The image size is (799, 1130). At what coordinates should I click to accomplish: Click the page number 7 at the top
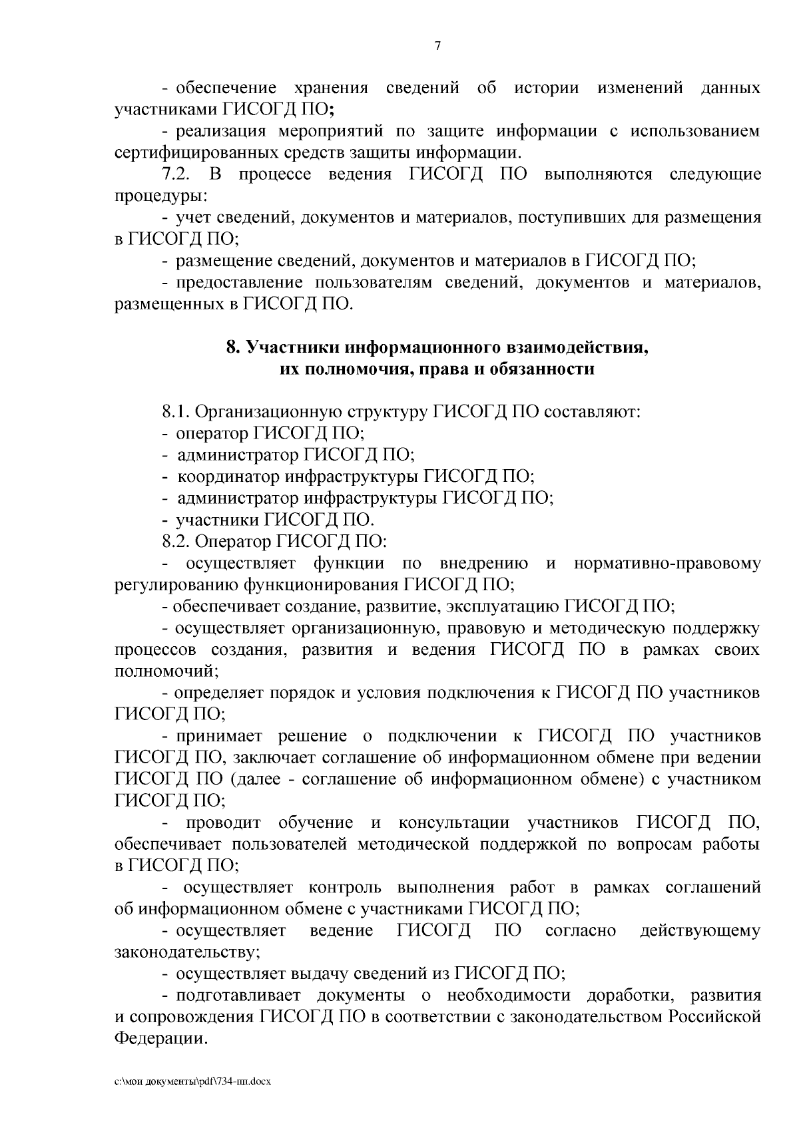coord(437,46)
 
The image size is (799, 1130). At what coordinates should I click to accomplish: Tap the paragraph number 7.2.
coord(177,175)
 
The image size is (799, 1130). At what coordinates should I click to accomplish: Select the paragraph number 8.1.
coord(177,412)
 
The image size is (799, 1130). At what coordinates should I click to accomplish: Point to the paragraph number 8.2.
coord(177,541)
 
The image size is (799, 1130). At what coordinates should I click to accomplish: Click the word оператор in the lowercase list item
coord(212,434)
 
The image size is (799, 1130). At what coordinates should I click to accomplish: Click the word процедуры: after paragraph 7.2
coord(160,197)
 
